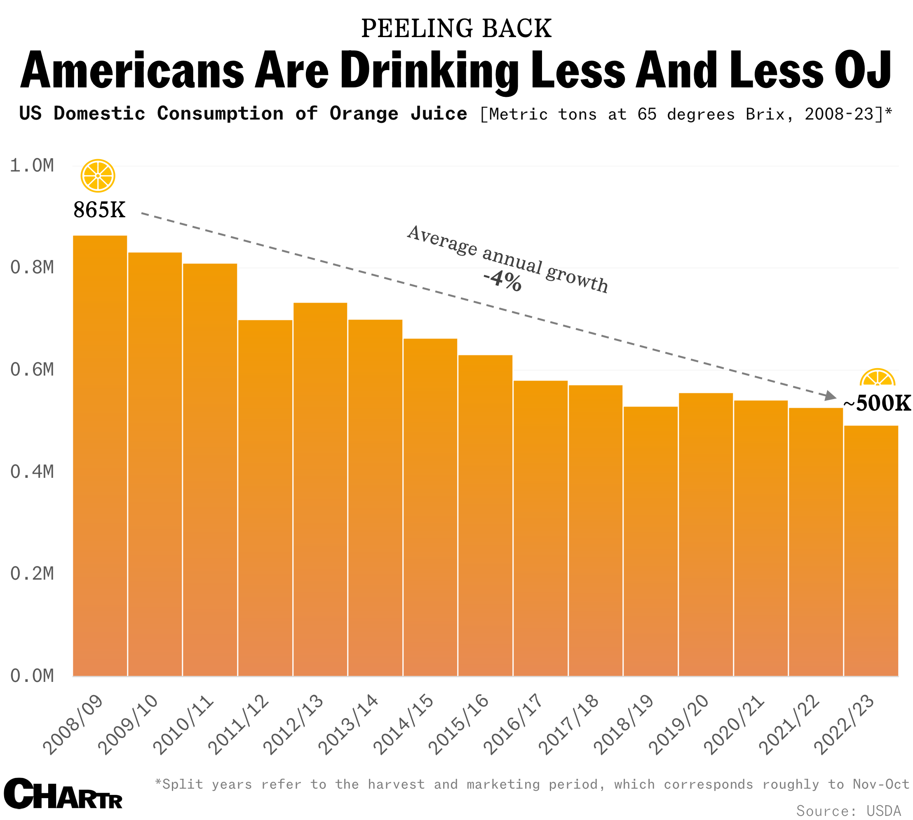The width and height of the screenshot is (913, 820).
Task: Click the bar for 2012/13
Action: pyautogui.click(x=320, y=489)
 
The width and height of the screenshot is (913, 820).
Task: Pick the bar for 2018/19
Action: pyautogui.click(x=650, y=540)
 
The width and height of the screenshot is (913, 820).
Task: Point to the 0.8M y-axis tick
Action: pyautogui.click(x=31, y=268)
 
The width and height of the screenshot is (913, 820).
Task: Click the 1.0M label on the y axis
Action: pyautogui.click(x=31, y=166)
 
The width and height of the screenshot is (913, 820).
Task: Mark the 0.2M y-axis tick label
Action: pyautogui.click(x=31, y=574)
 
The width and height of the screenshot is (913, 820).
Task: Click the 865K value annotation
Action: pyautogui.click(x=99, y=210)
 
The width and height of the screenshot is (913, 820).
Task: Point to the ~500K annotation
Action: pyautogui.click(x=876, y=403)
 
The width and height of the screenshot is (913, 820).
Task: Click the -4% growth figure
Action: pyautogui.click(x=502, y=281)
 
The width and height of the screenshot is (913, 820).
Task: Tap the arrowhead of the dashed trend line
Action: pyautogui.click(x=830, y=396)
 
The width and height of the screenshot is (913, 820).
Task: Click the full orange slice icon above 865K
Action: pyautogui.click(x=98, y=176)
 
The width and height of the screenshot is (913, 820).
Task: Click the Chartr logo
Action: pyautogui.click(x=63, y=794)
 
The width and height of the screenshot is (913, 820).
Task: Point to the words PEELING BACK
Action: pyautogui.click(x=456, y=28)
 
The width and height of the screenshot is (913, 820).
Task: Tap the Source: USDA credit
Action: pyautogui.click(x=849, y=811)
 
